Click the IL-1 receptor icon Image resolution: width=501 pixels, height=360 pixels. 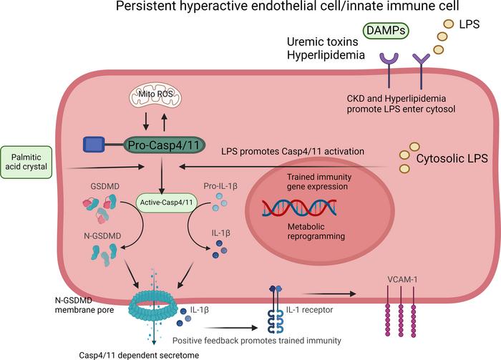pyautogui.click(x=275, y=308)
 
